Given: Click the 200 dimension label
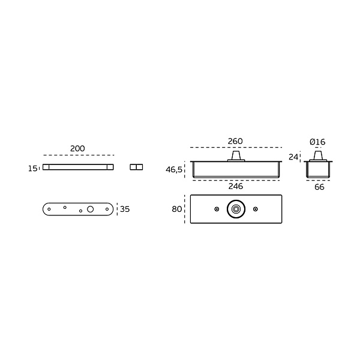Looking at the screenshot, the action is point(77,149).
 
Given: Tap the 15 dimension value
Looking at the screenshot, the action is point(32,169).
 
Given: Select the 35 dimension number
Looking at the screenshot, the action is point(125,209).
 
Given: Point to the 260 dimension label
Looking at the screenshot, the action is point(235,141).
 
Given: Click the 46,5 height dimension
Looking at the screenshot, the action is point(174,170).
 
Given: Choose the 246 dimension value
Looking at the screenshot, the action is point(236,186).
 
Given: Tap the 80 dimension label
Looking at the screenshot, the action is point(177,209).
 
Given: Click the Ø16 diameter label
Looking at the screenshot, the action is point(317,142).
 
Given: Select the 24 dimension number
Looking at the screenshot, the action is point(293,157).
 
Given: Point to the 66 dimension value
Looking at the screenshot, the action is point(319,187).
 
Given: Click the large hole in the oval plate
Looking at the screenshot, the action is point(90,209).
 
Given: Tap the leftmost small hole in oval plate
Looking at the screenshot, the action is point(49,209).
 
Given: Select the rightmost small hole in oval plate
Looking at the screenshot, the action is point(107,209).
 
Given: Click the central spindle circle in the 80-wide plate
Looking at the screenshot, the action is point(236,209).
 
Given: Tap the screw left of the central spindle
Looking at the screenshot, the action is point(217,209).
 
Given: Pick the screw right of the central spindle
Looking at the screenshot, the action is point(256,209).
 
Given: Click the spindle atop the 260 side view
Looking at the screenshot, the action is point(236,156).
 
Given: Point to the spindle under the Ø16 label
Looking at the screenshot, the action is point(318,156).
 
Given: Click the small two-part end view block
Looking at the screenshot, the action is point(136,167).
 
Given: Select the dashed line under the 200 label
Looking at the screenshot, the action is point(79,155).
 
